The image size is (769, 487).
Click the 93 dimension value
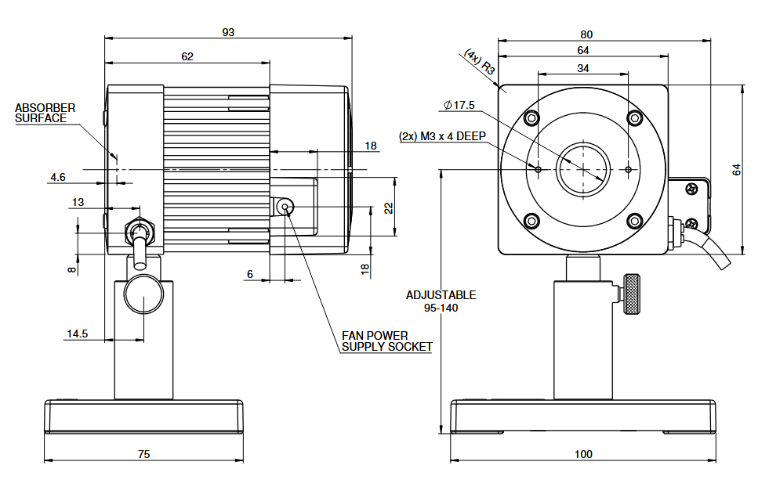pyautogui.click(x=228, y=32)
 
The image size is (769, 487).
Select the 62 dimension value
pyautogui.click(x=187, y=57)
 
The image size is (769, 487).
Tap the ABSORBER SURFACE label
pyautogui.click(x=45, y=114)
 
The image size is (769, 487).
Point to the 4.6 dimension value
pyautogui.click(x=58, y=177)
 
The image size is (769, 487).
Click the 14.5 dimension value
pyautogui.click(x=77, y=334)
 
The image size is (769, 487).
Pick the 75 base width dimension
pyautogui.click(x=143, y=454)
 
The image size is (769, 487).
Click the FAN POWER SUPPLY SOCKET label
pyautogui.click(x=387, y=341)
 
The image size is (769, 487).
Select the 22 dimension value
pyautogui.click(x=389, y=208)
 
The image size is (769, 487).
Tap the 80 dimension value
pyautogui.click(x=586, y=34)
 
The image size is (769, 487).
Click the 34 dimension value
pyautogui.click(x=583, y=69)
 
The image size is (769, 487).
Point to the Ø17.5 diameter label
pyautogui.click(x=459, y=106)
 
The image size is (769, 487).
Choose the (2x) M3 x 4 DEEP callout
pyautogui.click(x=442, y=136)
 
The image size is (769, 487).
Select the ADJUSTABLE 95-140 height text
pyautogui.click(x=441, y=301)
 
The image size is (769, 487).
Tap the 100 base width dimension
pyautogui.click(x=583, y=454)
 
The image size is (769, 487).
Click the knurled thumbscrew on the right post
pyautogui.click(x=631, y=294)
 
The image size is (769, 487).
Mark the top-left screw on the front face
pyautogui.click(x=531, y=118)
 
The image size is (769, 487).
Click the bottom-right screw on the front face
pyautogui.click(x=635, y=221)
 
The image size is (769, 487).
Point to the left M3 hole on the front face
pyautogui.click(x=538, y=170)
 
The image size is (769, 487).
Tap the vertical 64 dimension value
pyautogui.click(x=737, y=170)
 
